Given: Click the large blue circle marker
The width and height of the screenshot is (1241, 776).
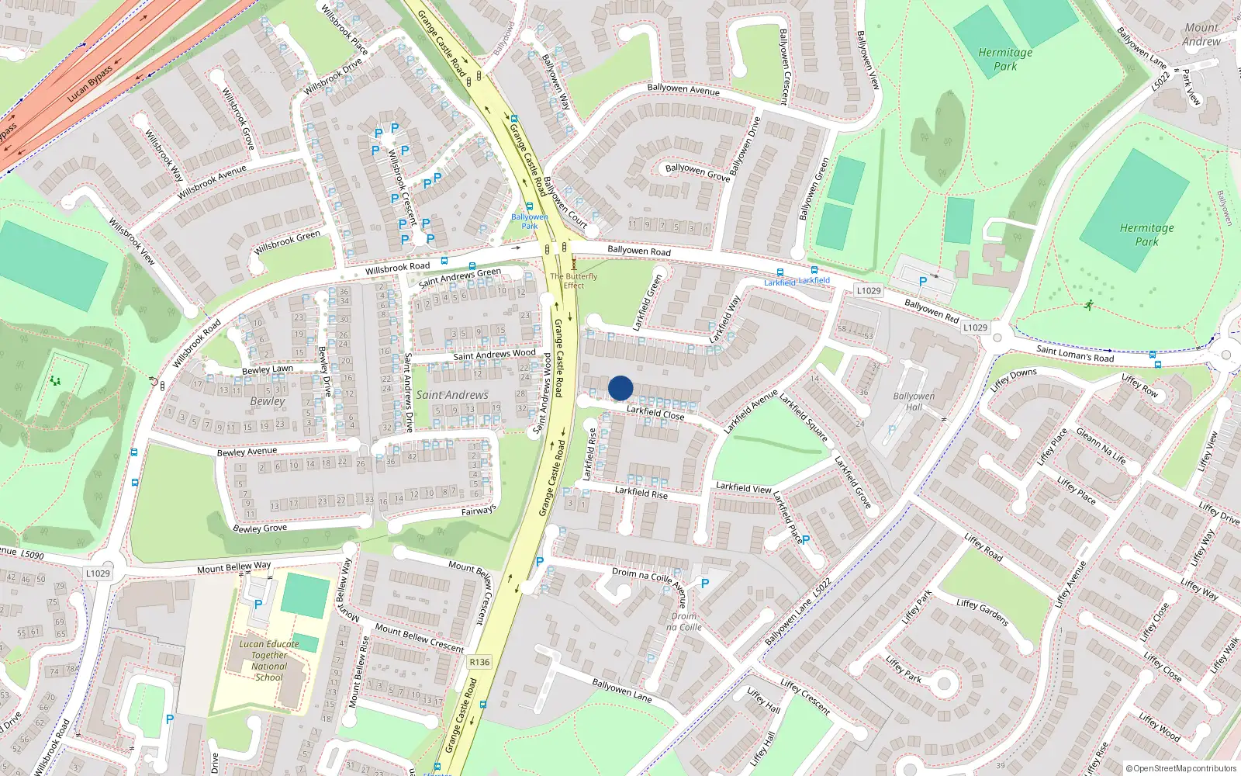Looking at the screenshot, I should tap(620, 388).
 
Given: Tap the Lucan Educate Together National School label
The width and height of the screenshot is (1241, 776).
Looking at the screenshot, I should tap(269, 660).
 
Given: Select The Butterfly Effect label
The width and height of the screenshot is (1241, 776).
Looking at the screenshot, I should tap(574, 280).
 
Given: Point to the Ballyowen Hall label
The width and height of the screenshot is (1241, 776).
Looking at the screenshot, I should tap(914, 401).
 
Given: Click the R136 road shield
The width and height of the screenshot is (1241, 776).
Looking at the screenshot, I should tap(479, 662).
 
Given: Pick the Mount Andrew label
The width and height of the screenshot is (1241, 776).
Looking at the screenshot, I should tap(1201, 34).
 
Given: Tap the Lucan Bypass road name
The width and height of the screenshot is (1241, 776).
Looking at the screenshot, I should tap(90, 84).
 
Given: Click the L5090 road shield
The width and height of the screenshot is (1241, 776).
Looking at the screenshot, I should tap(32, 555).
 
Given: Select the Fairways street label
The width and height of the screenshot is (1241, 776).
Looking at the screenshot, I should tap(478, 511).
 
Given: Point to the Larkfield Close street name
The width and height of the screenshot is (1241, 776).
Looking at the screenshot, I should tap(655, 413).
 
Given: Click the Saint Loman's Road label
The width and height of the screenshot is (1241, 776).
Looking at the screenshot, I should tap(1075, 354).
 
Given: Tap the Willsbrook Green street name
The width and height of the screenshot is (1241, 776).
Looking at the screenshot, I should tap(287, 242).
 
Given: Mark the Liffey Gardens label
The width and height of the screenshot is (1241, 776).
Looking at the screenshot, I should tap(982, 612).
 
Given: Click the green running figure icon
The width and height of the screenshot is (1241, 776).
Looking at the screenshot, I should tap(1090, 304).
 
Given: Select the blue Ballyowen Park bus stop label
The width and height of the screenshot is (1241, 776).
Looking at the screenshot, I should tap(529, 221).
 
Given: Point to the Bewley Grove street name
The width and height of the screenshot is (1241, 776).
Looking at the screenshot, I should tap(260, 528).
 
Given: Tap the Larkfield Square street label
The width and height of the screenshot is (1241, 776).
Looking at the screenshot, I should tap(804, 418).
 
